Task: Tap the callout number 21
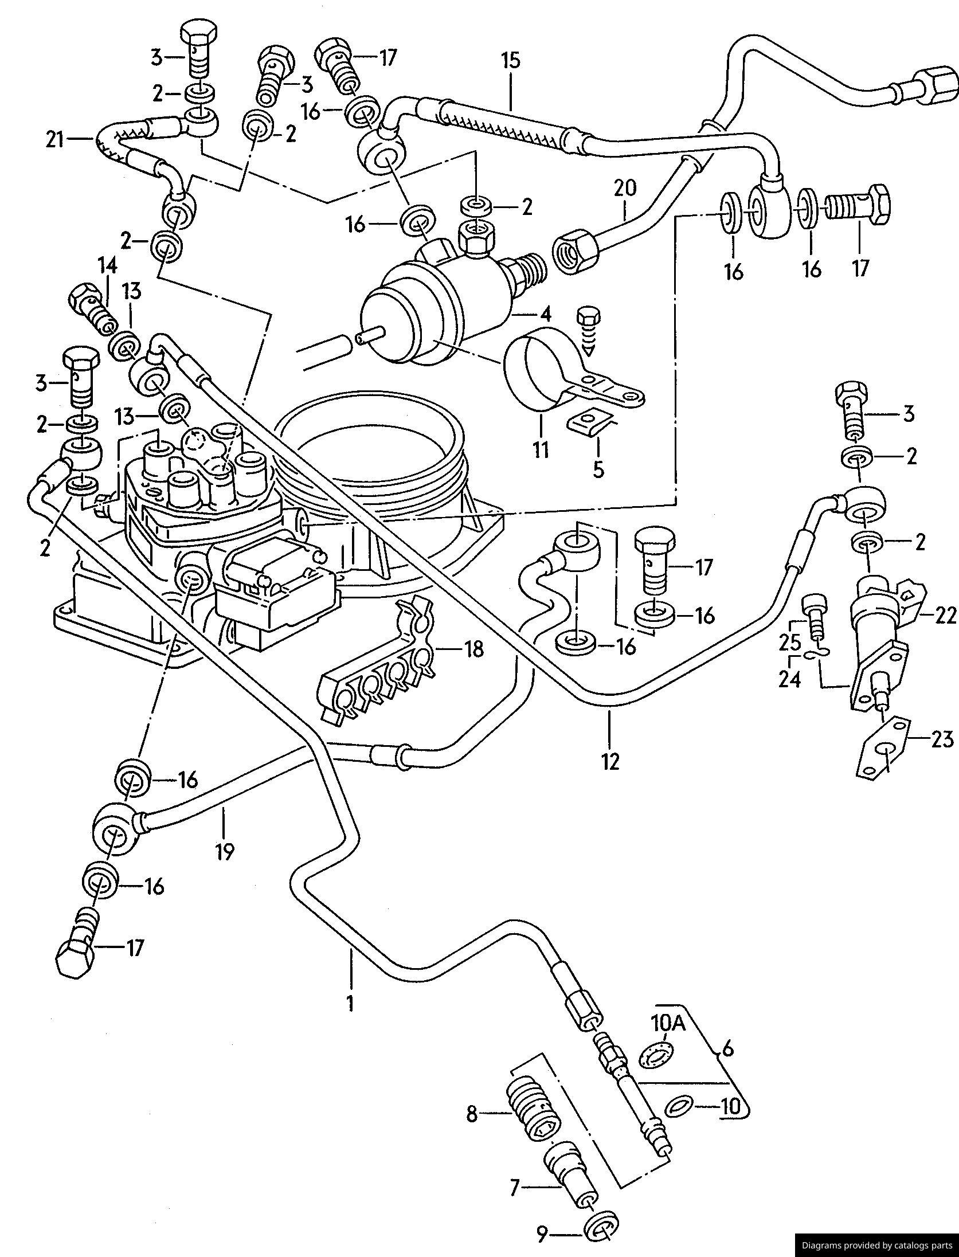point(55,139)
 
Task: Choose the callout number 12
point(610,761)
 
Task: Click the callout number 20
point(625,188)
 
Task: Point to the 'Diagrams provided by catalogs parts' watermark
point(876,1244)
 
